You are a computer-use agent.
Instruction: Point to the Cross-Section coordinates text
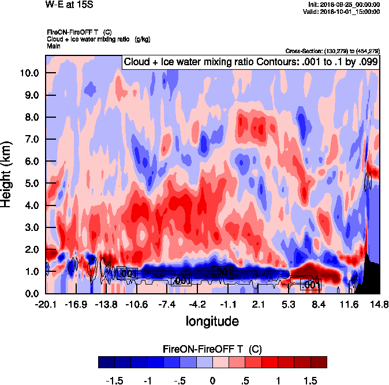click(332, 51)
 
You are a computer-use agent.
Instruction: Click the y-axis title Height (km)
click(8, 174)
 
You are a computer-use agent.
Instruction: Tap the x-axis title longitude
click(212, 320)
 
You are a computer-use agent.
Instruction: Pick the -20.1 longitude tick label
click(46, 304)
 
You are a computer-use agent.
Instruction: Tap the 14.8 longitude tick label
click(379, 304)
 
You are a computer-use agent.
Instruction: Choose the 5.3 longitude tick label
click(289, 304)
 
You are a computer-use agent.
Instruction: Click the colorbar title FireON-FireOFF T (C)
click(212, 349)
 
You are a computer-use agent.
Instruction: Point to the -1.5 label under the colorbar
click(117, 381)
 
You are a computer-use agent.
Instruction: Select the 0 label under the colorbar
click(212, 381)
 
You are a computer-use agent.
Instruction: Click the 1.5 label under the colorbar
click(310, 381)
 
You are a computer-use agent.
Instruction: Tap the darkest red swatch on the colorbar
click(319, 362)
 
